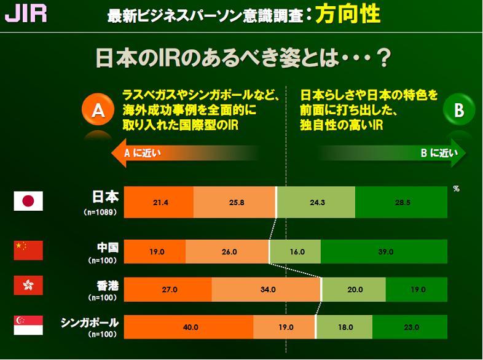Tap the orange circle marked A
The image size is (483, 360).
(96, 111)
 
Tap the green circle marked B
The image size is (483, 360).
(458, 111)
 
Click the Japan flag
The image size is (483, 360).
(28, 201)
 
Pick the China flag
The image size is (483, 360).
(28, 251)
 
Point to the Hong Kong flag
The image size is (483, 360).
(28, 286)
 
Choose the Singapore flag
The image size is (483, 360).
(28, 325)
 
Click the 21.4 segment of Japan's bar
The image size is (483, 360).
(159, 202)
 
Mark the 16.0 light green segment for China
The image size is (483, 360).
(295, 251)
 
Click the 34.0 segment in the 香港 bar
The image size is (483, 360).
(267, 290)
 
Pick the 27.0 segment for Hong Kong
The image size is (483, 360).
(168, 290)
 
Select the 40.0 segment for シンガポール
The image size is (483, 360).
(189, 327)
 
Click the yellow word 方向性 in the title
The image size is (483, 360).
(347, 14)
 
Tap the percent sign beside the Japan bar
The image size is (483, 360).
(456, 189)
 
